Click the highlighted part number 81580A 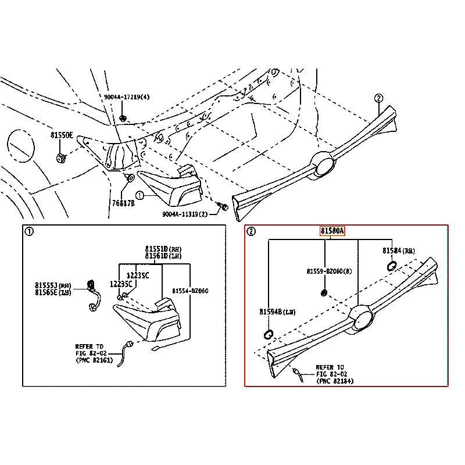click(x=332, y=231)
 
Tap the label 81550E click(x=62, y=135)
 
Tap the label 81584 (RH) click(x=398, y=250)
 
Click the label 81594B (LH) click(x=277, y=312)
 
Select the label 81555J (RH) click(x=52, y=285)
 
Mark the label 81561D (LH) click(x=163, y=256)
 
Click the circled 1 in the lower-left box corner click(x=29, y=231)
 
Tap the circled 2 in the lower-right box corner click(x=251, y=231)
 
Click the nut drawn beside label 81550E click(x=61, y=158)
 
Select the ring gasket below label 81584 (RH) click(x=391, y=267)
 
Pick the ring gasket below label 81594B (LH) click(x=269, y=334)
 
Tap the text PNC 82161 click(x=96, y=360)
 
